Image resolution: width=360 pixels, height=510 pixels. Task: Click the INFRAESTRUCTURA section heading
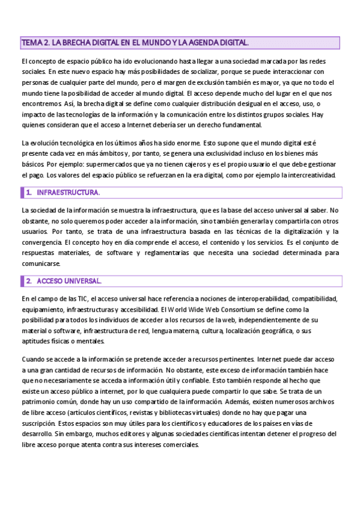coord(68,192)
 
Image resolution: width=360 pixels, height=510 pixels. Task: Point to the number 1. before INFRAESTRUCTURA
coord(29,192)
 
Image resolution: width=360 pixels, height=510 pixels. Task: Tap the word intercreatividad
coord(313,175)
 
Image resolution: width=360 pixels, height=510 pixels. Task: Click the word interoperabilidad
coord(229,299)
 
